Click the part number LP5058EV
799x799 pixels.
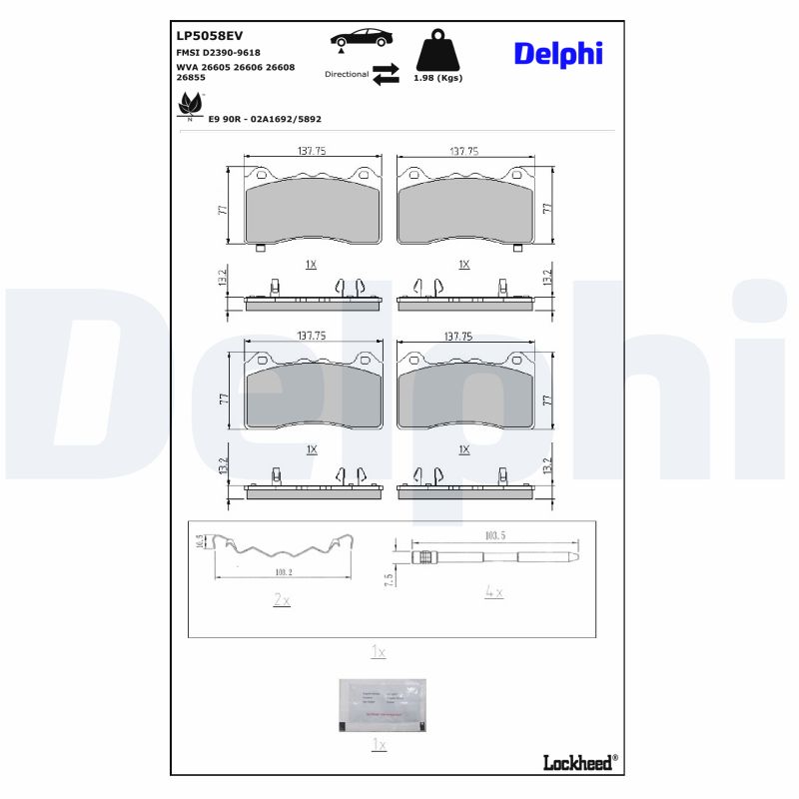[x=209, y=35]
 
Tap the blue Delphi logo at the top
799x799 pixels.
[x=558, y=53]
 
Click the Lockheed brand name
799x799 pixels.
[x=579, y=762]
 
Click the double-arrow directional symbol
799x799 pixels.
[x=385, y=75]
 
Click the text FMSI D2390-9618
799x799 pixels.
[x=218, y=52]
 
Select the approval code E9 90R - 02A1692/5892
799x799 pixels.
[x=265, y=118]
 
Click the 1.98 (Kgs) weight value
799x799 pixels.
[x=437, y=78]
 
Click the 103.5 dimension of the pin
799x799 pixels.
[x=494, y=536]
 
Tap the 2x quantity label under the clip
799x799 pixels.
[x=282, y=600]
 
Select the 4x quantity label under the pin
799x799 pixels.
[x=493, y=592]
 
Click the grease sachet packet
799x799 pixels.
[x=379, y=705]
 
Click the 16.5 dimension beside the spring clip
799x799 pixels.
[x=201, y=542]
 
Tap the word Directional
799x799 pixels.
[x=347, y=75]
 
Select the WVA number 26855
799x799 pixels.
[x=192, y=76]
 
